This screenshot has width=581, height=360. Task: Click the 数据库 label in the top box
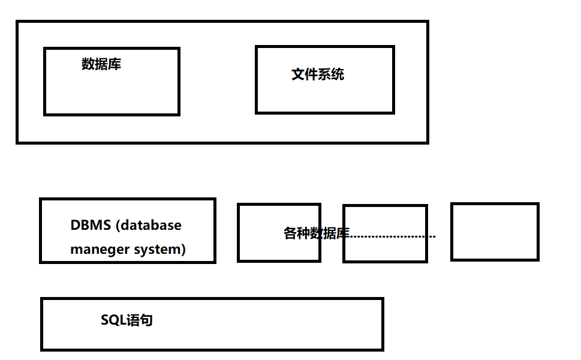[101, 64]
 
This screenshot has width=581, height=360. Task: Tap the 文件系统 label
[318, 74]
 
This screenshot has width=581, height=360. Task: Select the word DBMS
[91, 226]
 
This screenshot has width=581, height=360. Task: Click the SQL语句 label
[127, 320]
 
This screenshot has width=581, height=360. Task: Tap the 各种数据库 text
[316, 233]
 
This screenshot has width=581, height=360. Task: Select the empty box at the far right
[495, 232]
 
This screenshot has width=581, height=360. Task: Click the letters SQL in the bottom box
[112, 320]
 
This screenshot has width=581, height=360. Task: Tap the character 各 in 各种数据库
[290, 233]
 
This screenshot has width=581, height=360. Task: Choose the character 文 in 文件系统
[298, 74]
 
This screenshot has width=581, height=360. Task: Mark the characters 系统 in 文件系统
[331, 74]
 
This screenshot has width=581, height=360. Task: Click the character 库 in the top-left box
[115, 64]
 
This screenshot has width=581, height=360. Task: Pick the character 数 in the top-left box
[88, 64]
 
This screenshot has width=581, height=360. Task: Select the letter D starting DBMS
[75, 226]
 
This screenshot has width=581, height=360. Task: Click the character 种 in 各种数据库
[303, 233]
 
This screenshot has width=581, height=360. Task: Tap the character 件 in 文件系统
[311, 74]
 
